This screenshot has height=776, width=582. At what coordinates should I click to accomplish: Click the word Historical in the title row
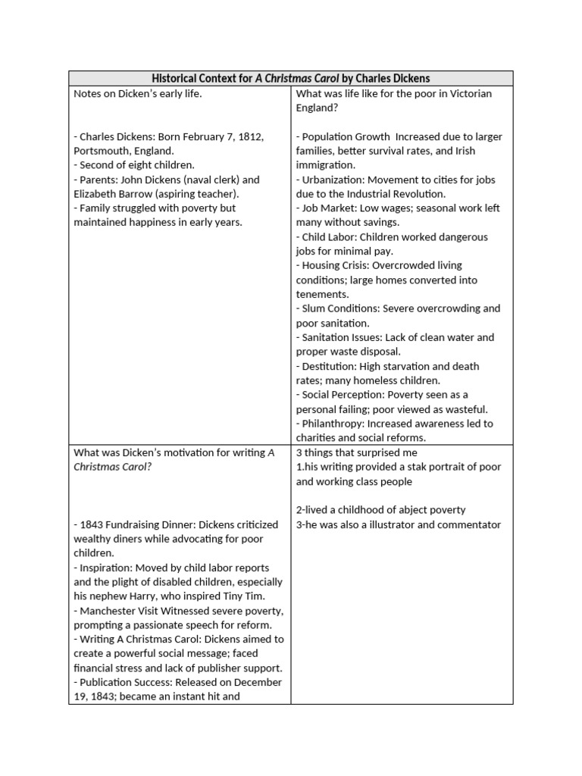(x=176, y=78)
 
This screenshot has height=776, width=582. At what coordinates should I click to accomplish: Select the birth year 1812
(x=249, y=136)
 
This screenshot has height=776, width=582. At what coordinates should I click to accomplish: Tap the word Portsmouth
(x=102, y=151)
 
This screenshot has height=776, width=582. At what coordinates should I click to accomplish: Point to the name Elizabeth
(x=95, y=194)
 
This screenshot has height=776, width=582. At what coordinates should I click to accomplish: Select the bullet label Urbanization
(x=333, y=180)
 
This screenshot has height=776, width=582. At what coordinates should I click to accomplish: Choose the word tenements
(x=322, y=294)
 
